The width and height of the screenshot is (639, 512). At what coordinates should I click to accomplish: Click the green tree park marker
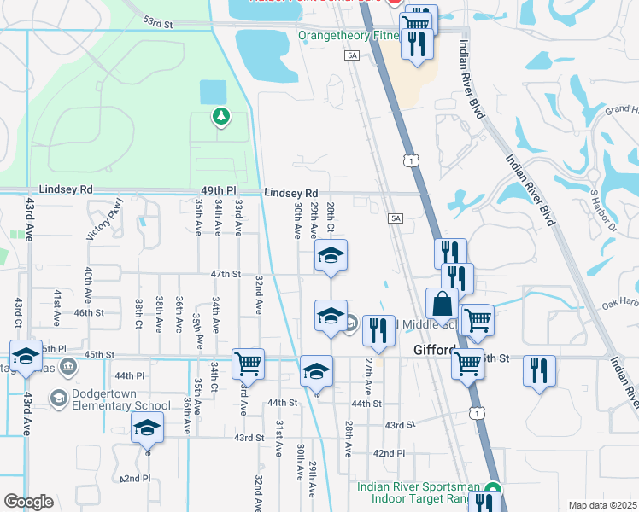[x=221, y=116]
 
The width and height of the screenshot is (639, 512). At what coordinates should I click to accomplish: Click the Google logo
[x=28, y=502]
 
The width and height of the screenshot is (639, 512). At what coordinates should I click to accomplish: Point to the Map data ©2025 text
[x=603, y=505]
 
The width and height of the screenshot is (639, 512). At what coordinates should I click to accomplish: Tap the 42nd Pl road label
[x=389, y=453]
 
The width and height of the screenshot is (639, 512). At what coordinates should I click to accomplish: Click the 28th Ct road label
[x=331, y=217]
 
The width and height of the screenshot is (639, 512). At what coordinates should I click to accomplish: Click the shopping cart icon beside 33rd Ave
[x=248, y=363]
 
